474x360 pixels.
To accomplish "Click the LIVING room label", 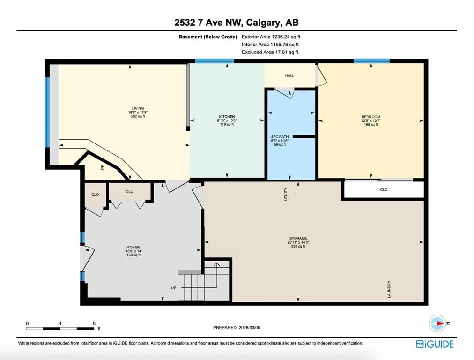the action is (138, 108).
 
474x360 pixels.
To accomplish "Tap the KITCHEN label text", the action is (227, 117).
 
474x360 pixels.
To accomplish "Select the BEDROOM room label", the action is (371, 117).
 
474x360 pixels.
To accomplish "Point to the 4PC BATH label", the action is (280, 137).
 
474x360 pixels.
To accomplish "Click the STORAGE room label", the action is (298, 239).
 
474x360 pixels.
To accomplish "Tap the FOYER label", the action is (133, 247).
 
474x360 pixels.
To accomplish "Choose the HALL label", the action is (289, 75).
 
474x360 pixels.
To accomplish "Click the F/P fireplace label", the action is (103, 167).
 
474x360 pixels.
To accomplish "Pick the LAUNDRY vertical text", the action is (389, 289).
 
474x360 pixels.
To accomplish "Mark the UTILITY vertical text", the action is (286, 194).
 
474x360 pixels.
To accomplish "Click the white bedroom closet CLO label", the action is (384, 190).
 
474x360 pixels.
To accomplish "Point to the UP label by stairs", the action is (174, 288).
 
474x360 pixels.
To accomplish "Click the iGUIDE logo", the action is (435, 344).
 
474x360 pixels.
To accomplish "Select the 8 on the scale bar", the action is (94, 323).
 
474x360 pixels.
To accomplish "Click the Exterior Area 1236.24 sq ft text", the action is (271, 37).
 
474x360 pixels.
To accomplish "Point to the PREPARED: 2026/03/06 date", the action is (237, 327).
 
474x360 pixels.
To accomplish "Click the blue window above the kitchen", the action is (215, 61).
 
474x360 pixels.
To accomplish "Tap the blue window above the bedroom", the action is (371, 61).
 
